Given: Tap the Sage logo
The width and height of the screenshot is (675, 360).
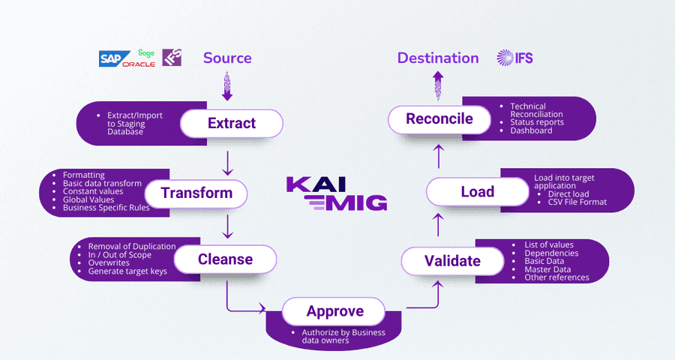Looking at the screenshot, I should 146,53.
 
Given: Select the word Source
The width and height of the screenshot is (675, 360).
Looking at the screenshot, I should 227,58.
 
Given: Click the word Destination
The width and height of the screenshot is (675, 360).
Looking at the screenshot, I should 438,58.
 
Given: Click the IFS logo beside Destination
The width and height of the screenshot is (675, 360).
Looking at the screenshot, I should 514,58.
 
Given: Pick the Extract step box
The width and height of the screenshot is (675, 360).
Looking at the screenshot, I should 231,124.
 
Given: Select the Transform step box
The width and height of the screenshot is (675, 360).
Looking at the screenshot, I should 196,193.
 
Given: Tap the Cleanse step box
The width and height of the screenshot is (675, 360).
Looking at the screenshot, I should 225,260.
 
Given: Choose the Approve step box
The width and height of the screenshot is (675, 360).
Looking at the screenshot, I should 334,311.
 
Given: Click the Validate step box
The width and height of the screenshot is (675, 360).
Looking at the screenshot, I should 451,261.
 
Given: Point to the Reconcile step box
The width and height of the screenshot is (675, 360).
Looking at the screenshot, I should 439,119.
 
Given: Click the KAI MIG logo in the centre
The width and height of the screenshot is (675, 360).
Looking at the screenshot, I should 337,193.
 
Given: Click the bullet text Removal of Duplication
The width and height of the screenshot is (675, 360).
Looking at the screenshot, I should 131,247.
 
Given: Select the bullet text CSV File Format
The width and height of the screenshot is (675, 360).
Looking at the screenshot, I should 577,202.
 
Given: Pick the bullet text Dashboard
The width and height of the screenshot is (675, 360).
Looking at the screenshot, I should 531,130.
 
